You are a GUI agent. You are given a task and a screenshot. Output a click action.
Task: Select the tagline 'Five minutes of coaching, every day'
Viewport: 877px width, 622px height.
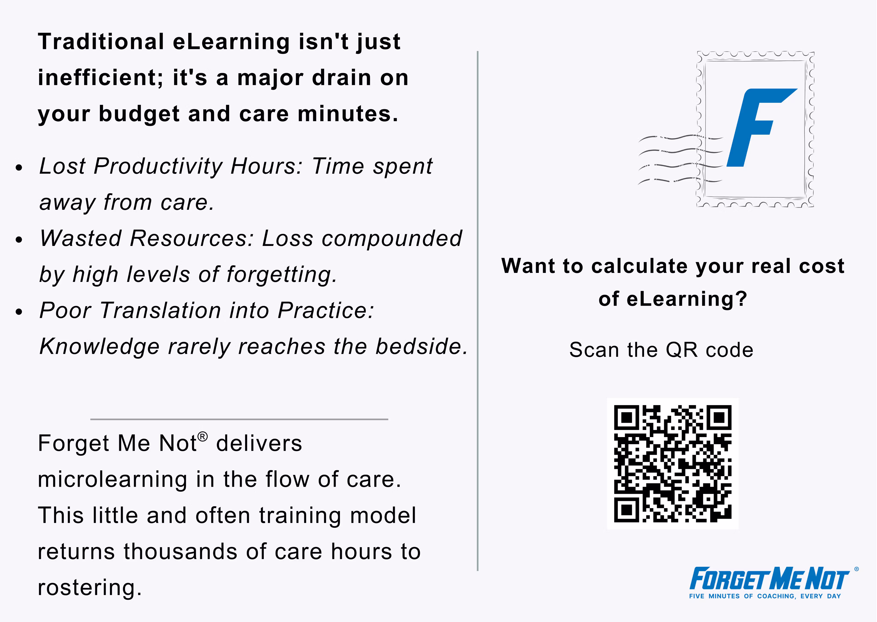(x=765, y=596)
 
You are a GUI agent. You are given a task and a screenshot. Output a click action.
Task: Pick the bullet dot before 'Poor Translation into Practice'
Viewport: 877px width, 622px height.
(x=19, y=312)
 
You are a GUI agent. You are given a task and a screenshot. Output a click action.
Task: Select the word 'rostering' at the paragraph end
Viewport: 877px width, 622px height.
(x=89, y=588)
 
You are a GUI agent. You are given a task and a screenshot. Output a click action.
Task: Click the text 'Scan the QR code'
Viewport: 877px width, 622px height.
(x=661, y=350)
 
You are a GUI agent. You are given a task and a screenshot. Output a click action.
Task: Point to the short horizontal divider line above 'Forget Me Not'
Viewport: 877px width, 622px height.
(x=239, y=419)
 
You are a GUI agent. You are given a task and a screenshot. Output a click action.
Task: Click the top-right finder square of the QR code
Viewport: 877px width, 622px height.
(x=719, y=417)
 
